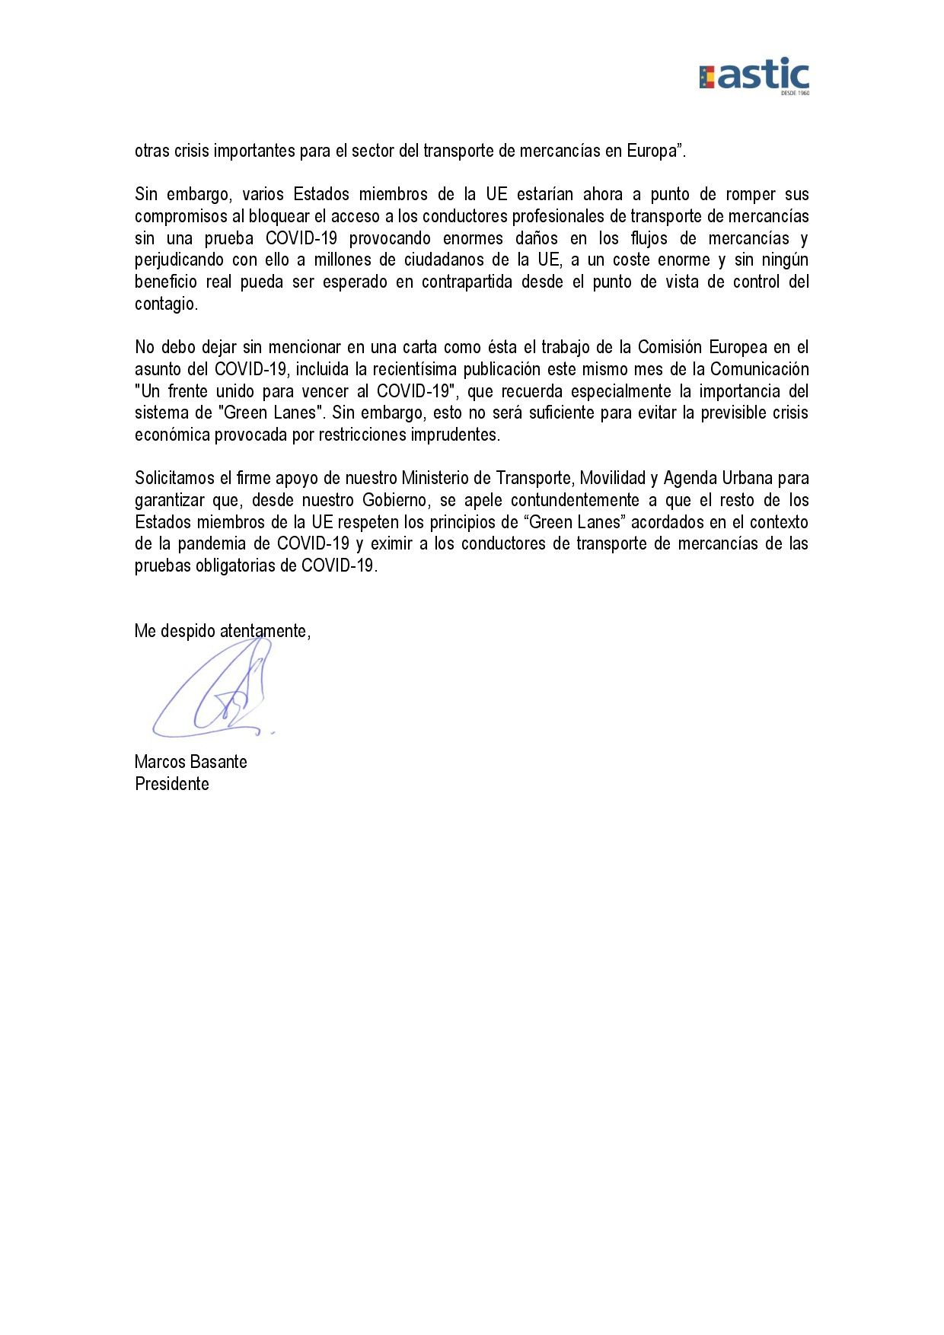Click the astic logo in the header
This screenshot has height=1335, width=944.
point(754,75)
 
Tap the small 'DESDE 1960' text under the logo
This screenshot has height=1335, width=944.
point(795,93)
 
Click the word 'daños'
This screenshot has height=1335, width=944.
point(537,238)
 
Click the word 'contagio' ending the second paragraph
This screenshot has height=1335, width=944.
point(164,304)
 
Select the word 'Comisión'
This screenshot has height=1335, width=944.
point(668,347)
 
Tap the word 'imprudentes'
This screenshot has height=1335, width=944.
point(455,435)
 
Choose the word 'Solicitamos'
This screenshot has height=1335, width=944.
point(175,478)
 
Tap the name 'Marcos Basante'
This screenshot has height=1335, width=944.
point(190,762)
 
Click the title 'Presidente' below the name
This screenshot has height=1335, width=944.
point(171,784)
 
